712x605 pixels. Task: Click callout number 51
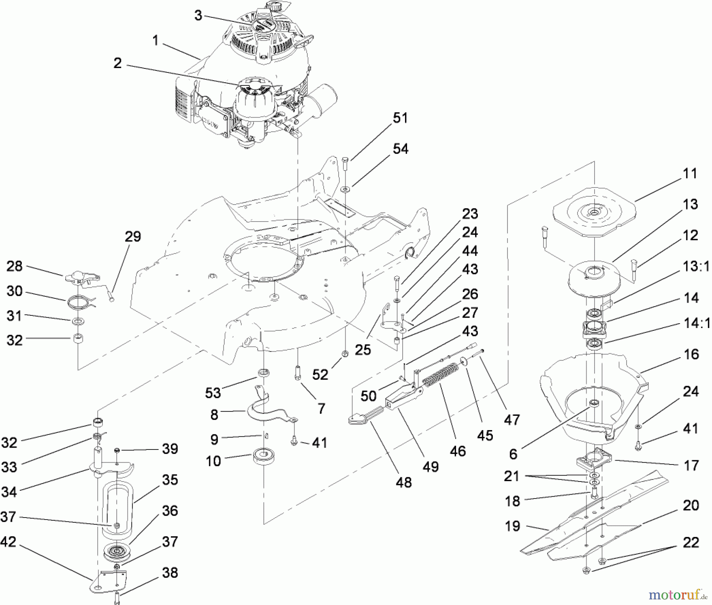400,118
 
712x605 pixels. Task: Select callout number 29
133,237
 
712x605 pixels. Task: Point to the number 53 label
213,393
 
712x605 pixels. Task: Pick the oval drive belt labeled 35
118,510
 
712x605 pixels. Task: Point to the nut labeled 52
345,353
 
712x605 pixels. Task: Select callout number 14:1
696,324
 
